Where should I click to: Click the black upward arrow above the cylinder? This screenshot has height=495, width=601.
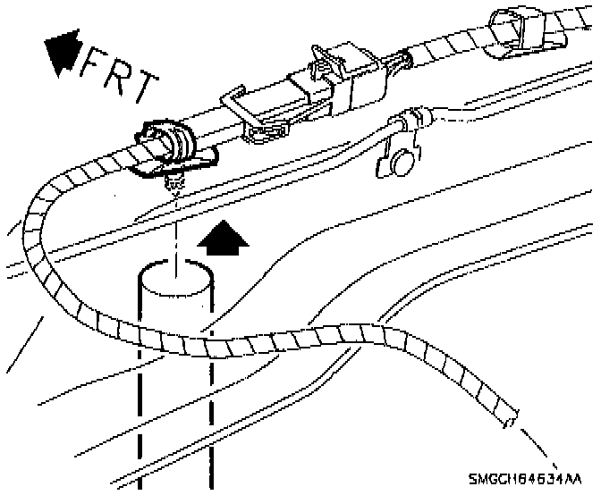pos(222,240)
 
